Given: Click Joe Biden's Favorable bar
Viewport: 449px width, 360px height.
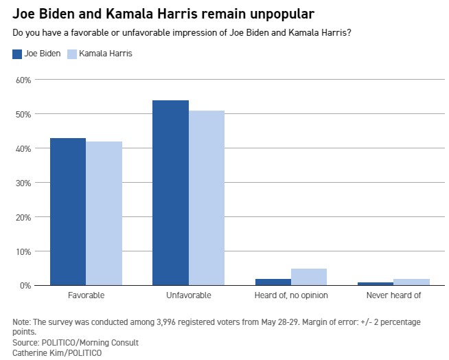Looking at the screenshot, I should pos(68,212).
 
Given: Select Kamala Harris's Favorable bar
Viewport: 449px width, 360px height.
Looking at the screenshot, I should pos(104,213).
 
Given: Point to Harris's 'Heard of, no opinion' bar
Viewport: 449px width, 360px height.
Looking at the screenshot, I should pos(309,277).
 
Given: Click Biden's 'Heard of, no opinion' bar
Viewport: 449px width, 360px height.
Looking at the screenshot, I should pos(273,282).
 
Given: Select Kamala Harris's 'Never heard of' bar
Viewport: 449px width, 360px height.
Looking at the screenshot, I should pos(412,282).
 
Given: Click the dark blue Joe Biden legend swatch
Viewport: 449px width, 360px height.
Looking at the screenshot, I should pos(18,54).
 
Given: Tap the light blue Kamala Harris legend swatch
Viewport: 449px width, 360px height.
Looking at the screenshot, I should pos(72,54).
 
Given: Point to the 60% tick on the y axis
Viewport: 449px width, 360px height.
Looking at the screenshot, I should pos(23,80).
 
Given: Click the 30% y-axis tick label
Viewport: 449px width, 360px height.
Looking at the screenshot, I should pos(23,183).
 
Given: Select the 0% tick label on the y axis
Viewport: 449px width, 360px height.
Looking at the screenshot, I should pos(25,286).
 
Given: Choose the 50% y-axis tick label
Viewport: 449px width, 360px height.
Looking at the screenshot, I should pos(23,114).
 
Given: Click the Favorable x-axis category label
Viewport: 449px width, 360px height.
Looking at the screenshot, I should pos(86,295).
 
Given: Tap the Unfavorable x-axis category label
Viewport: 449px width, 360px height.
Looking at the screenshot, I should pos(189,295).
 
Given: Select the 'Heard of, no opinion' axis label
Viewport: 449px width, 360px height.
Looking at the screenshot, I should pos(291,295).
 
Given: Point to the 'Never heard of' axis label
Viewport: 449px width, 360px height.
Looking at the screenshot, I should pos(394,295).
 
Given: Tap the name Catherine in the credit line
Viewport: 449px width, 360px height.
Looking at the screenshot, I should pos(31,352).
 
